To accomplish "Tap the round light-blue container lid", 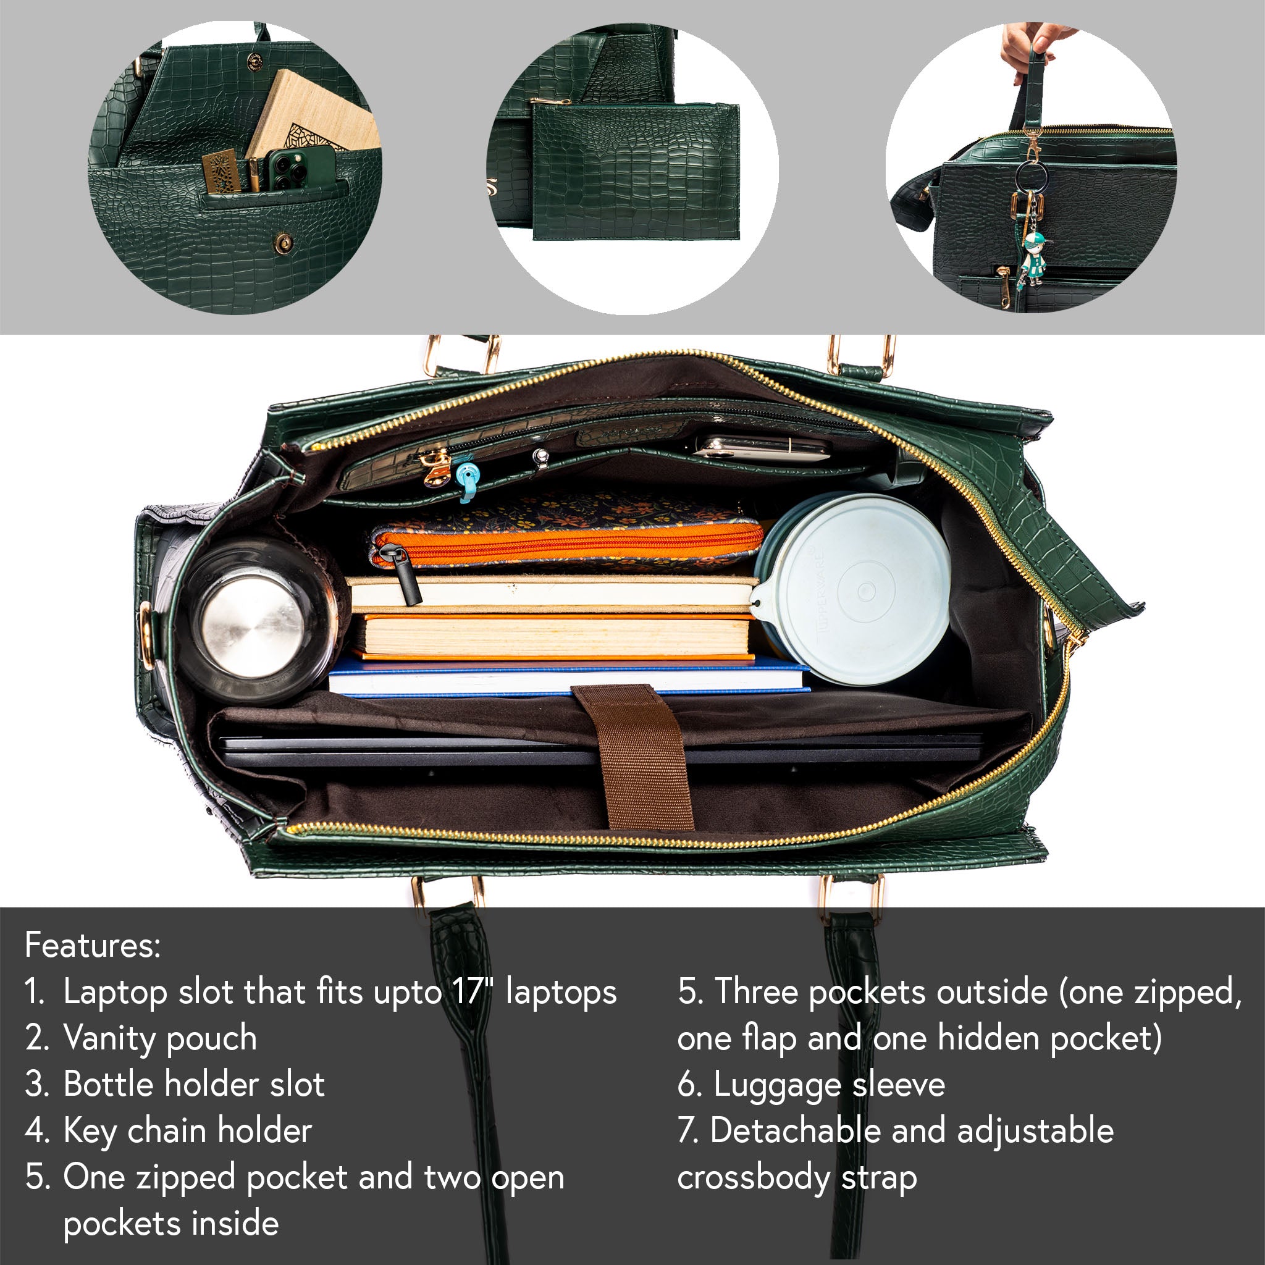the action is [x=851, y=589].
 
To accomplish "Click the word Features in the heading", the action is [x=92, y=945].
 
